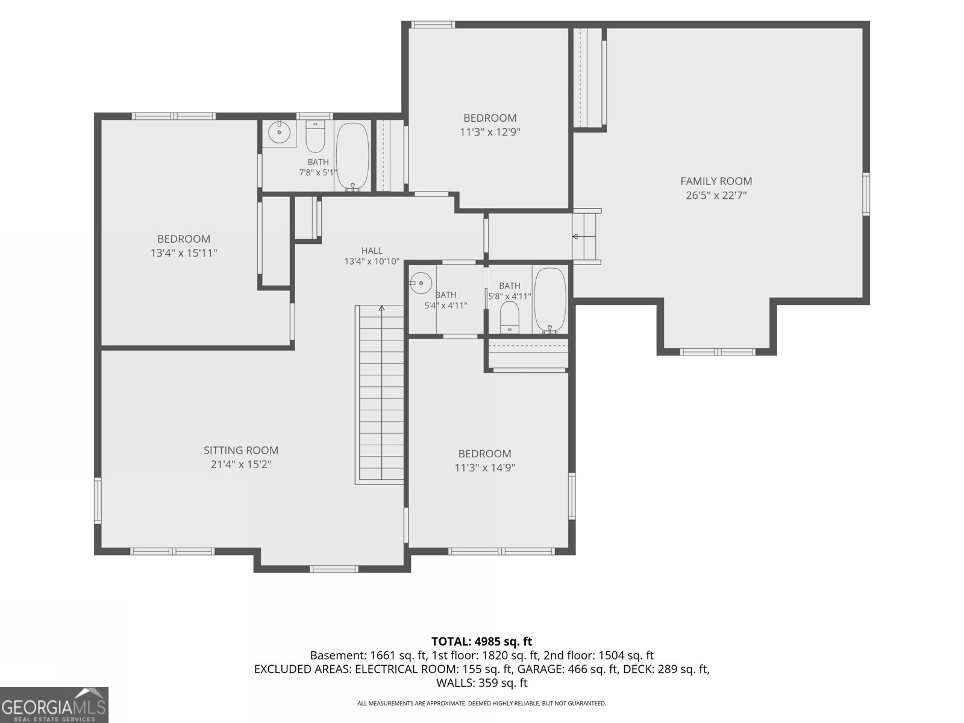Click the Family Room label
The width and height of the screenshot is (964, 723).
(716, 181)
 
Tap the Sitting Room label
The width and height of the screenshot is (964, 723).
(240, 450)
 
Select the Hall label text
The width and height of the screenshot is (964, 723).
(372, 251)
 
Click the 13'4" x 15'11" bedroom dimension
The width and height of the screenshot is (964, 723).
(184, 253)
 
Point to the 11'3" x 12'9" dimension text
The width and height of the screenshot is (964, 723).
(490, 132)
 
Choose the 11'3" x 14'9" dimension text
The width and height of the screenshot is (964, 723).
(484, 468)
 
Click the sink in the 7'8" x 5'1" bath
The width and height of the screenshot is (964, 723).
(280, 131)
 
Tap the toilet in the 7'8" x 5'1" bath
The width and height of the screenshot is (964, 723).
(315, 137)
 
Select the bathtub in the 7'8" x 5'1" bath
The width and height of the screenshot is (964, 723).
(352, 157)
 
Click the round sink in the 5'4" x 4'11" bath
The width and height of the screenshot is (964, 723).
(421, 283)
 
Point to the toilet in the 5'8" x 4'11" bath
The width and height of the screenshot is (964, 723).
(510, 317)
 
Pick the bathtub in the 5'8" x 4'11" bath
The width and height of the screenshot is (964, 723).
(550, 300)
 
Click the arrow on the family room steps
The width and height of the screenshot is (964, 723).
(584, 237)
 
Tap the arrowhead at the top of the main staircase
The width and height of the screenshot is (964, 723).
(381, 308)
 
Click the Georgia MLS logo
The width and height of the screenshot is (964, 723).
(54, 705)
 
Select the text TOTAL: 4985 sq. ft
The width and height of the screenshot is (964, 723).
(482, 641)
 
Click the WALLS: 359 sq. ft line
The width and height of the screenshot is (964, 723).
(482, 683)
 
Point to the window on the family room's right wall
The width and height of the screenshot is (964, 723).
(866, 194)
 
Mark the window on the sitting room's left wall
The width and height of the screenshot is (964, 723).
(98, 501)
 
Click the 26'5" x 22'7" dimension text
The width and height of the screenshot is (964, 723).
(716, 195)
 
